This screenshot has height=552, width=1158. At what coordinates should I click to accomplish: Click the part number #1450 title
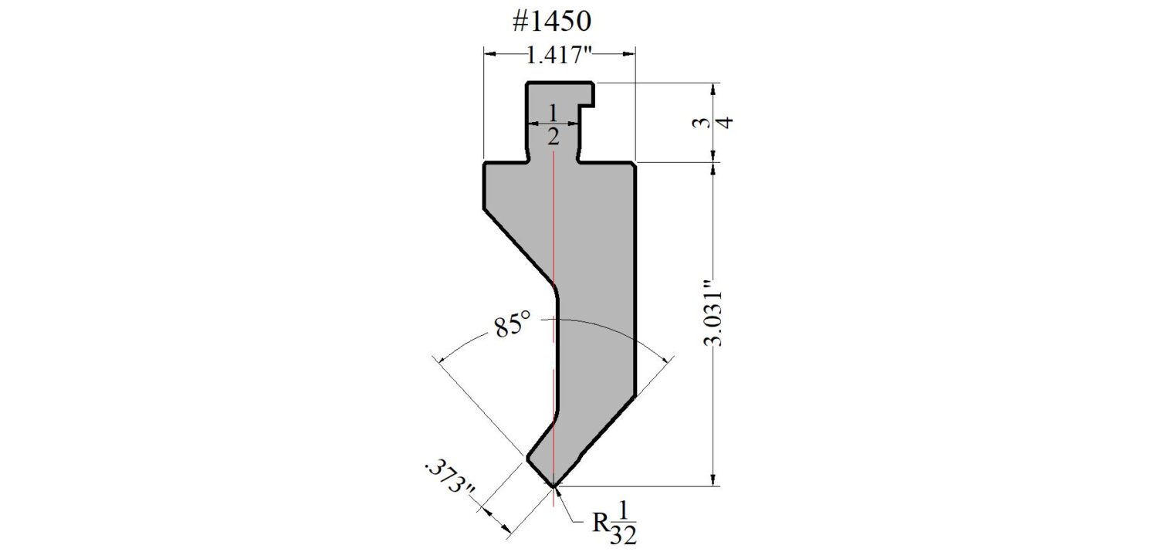(552, 22)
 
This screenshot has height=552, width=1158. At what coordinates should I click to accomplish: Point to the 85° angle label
(513, 325)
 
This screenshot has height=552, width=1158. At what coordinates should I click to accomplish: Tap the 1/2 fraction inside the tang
(553, 124)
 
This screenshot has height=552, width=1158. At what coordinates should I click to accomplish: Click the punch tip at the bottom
(554, 486)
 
